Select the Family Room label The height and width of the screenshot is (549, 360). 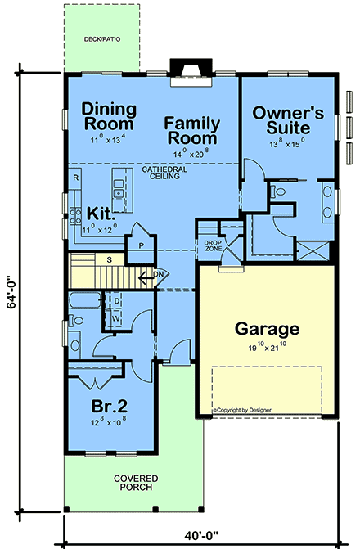[x=191, y=130]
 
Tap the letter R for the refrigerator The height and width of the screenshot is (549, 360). [x=75, y=178]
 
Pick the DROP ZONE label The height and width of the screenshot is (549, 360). [x=213, y=245]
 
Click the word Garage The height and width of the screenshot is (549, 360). [x=267, y=329]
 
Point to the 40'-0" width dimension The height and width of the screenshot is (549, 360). [x=196, y=538]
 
